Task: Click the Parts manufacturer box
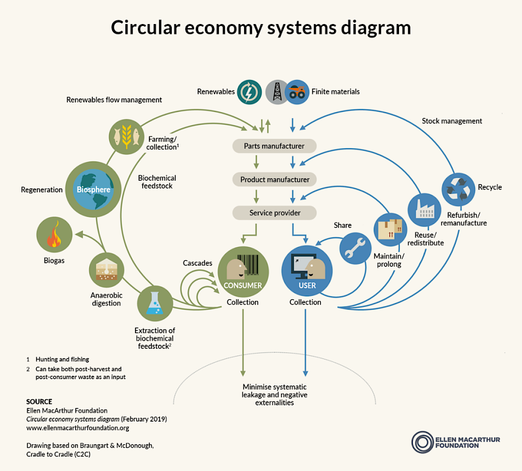click(274, 146)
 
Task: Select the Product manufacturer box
click(274, 179)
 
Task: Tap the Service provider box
click(274, 213)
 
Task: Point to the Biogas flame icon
click(55, 234)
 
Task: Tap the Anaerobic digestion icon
click(106, 270)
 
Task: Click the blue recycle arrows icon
click(459, 189)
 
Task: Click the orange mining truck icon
click(297, 92)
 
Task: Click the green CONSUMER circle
click(243, 270)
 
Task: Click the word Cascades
click(197, 264)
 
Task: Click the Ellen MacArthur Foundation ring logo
click(422, 442)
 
